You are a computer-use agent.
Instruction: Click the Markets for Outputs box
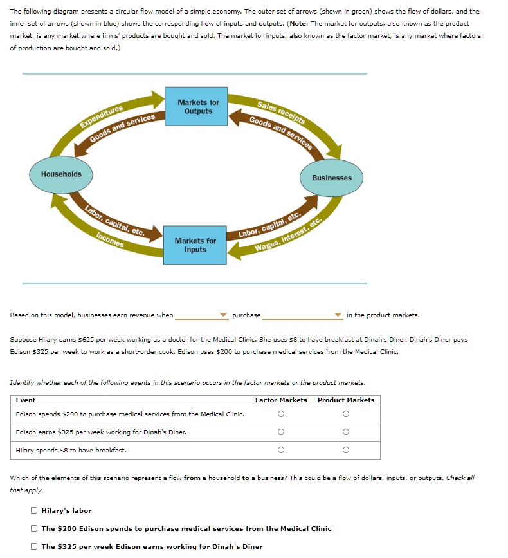pos(198,106)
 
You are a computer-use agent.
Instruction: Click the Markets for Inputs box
pos(195,245)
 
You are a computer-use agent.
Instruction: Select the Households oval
pos(61,174)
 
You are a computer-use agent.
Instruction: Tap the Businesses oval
pos(332,178)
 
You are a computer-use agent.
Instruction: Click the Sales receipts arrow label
pos(281,112)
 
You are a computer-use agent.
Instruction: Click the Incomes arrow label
pos(110,240)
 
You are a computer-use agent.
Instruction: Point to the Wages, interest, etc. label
pos(287,237)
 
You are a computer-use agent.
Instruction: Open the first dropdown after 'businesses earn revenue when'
pos(201,315)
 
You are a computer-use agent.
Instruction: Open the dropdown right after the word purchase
pos(302,315)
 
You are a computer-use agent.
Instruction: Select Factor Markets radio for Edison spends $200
pos(281,414)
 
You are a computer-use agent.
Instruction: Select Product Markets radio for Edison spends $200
pos(346,414)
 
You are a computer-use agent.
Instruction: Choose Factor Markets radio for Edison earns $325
pos(281,432)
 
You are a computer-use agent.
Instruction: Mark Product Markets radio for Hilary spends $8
pos(346,450)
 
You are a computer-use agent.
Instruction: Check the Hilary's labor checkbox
pos(34,511)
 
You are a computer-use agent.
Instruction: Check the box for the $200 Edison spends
pos(34,529)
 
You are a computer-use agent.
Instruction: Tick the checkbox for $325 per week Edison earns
pos(34,547)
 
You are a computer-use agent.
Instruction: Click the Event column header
pos(26,400)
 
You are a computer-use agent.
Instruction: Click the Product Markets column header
pos(346,400)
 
